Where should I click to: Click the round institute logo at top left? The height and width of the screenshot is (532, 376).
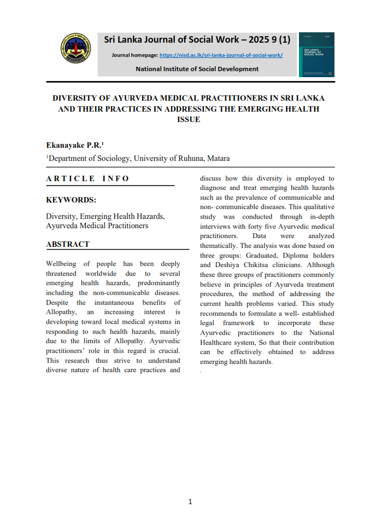75,49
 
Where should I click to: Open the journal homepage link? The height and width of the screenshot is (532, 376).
221,55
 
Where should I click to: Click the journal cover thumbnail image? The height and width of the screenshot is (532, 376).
316,54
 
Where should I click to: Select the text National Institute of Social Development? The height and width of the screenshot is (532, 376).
197,69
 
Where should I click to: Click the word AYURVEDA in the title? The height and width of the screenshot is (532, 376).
133,99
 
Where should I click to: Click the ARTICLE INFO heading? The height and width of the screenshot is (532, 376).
87,178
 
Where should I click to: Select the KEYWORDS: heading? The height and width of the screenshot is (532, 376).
71,200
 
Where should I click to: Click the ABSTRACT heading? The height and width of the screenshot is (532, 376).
68,244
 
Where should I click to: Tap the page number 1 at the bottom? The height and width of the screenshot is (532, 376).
190,501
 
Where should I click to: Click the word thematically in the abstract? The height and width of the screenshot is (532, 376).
218,246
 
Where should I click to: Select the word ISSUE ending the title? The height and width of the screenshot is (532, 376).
189,119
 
